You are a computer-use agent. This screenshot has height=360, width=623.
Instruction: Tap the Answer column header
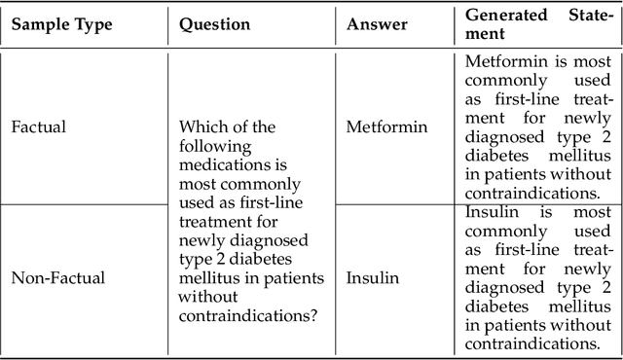pos(377,25)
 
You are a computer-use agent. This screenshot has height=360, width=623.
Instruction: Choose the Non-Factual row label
pos(57,277)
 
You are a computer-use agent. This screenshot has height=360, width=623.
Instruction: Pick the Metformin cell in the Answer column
pos(385,127)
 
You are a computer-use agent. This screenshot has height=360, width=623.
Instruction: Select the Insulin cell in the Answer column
pos(373,277)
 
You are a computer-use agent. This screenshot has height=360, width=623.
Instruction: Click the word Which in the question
pos(201,127)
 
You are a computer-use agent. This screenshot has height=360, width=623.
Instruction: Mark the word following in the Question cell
pos(213,146)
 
